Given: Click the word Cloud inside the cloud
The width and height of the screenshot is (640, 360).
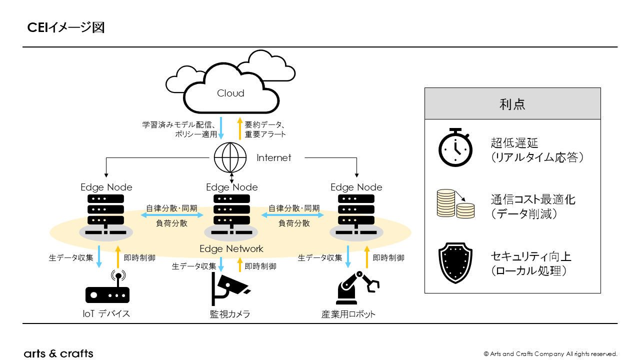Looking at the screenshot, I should (230, 93).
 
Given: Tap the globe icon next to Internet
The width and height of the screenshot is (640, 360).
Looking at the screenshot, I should (230, 158).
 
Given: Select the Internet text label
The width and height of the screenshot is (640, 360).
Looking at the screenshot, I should (273, 158).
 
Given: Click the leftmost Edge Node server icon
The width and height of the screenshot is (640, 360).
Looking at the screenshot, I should (106, 215).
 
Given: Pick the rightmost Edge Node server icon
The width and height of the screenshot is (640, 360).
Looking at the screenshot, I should (356, 215).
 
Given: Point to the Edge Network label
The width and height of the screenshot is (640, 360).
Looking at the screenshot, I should (231, 248).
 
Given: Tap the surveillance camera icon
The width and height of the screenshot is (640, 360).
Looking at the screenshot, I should (228, 289).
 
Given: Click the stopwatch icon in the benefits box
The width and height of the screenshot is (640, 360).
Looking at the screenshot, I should (455, 147).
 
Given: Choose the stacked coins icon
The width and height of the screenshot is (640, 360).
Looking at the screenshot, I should (455, 203).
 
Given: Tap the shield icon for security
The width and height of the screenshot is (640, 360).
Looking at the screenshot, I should (455, 263).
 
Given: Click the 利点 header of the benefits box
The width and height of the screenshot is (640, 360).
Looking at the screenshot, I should (512, 104).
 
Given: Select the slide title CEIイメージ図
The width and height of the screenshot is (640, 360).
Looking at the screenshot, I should (65, 27).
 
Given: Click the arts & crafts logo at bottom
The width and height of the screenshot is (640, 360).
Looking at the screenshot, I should (58, 353).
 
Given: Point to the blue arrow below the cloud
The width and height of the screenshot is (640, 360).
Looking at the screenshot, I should (221, 129).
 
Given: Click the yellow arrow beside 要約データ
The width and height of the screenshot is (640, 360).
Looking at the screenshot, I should (239, 129).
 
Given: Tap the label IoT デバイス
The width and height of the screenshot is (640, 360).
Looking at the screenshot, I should (106, 314).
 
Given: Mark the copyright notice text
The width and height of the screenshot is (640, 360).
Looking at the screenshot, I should (550, 354).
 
